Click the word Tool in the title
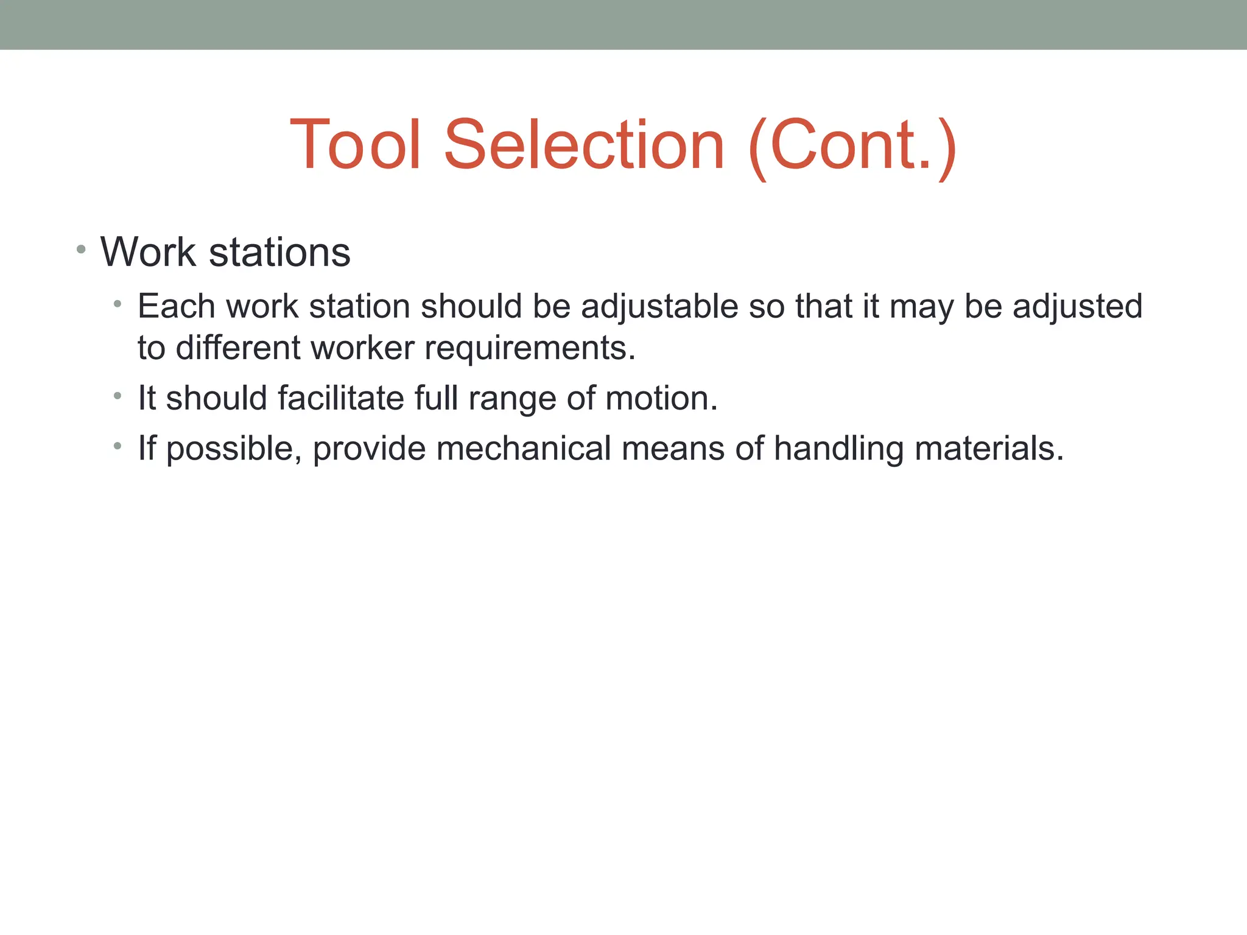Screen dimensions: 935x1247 356,145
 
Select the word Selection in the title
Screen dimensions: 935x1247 584,145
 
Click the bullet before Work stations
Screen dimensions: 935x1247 81,249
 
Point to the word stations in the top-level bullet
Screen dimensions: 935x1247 279,252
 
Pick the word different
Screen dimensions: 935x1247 238,348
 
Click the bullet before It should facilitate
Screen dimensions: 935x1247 118,396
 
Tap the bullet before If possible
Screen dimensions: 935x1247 118,446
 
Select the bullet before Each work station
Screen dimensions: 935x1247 118,304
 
